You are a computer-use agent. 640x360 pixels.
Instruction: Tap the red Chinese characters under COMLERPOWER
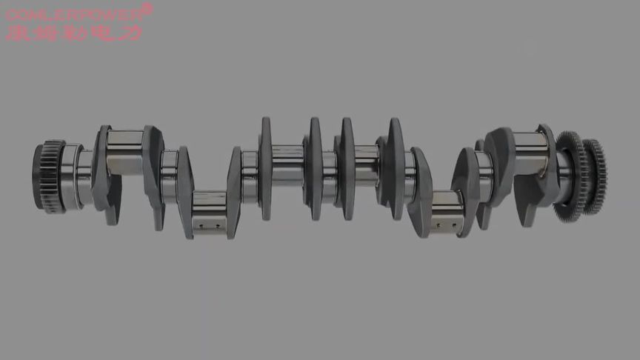pos(74,32)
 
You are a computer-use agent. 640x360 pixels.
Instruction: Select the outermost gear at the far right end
pos(593,176)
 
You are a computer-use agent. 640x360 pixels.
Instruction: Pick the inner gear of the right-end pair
pos(568,170)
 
